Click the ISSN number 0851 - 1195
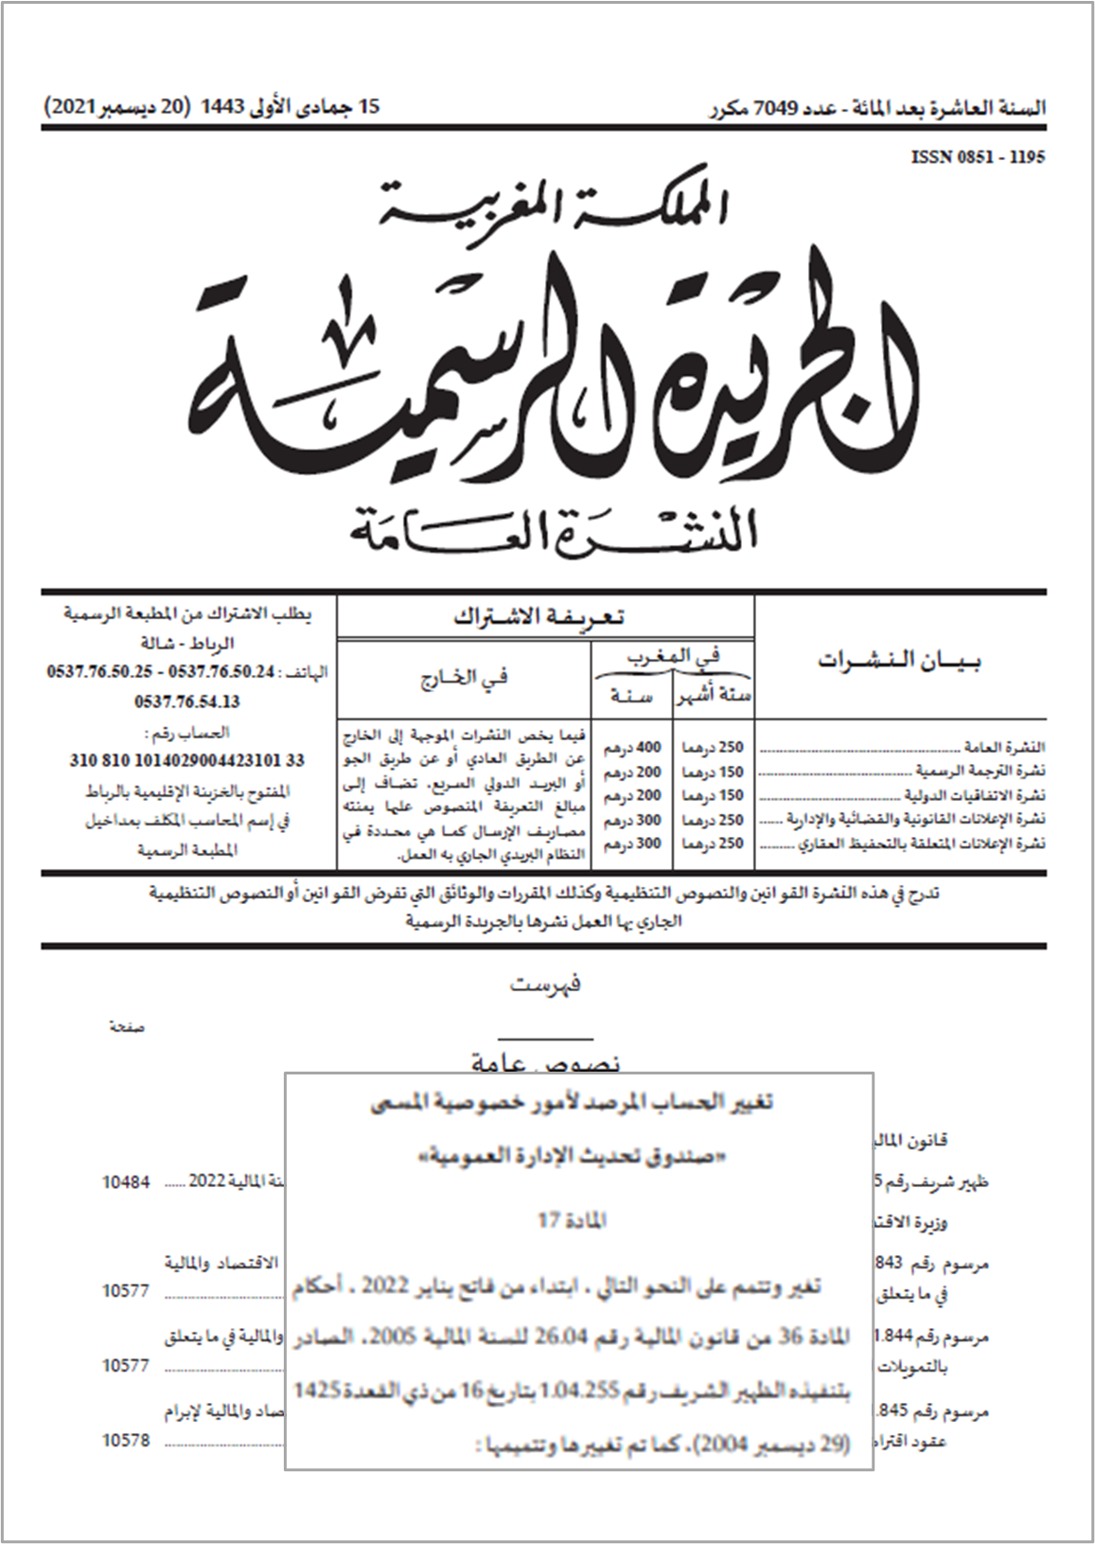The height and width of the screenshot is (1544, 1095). (x=978, y=157)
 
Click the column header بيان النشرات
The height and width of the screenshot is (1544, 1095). (x=899, y=661)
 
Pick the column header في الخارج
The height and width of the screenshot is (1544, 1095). (x=464, y=678)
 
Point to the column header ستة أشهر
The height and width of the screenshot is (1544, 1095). (x=714, y=697)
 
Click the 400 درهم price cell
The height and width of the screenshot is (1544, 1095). (x=632, y=748)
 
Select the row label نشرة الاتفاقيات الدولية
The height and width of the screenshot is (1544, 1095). (x=975, y=795)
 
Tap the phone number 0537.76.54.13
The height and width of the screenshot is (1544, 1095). (x=186, y=701)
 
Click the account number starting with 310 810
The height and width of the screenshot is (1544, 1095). (x=186, y=760)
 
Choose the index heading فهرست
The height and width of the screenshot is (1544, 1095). (x=545, y=985)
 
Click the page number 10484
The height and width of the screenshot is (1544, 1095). (x=125, y=1182)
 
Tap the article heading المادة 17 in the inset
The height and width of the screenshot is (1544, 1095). (x=572, y=1221)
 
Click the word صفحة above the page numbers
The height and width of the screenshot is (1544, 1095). (x=127, y=1027)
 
